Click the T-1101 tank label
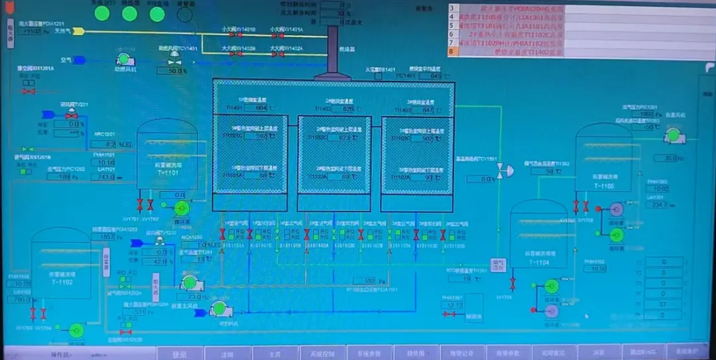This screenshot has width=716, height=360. pyautogui.click(x=168, y=173)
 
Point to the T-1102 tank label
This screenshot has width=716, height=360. pyautogui.click(x=60, y=282)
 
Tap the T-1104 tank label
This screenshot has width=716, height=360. pyautogui.click(x=538, y=263)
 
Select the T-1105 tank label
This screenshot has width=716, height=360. pyautogui.click(x=603, y=186)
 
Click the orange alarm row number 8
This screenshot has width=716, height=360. pyautogui.click(x=452, y=51)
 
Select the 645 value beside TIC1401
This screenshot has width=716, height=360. pyautogui.click(x=436, y=76)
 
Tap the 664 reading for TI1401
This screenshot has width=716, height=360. pyautogui.click(x=260, y=107)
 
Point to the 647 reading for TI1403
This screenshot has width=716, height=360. pyautogui.click(x=428, y=110)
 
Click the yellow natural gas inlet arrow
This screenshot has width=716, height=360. pyautogui.click(x=78, y=30)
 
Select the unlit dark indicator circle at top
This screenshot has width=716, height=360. pyautogui.click(x=186, y=13)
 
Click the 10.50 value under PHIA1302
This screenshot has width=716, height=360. pyautogui.click(x=598, y=269)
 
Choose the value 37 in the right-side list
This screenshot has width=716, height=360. pyautogui.click(x=664, y=304)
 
